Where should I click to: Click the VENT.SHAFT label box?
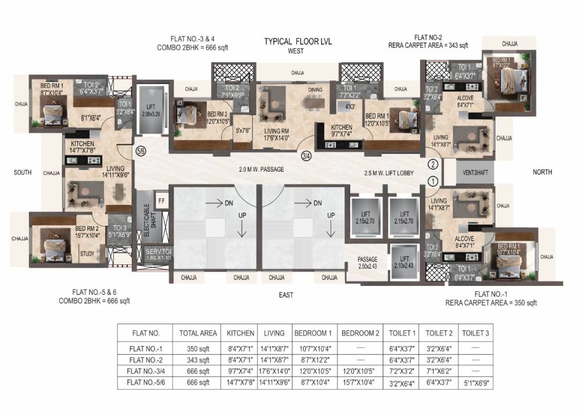pyautogui.click(x=472, y=173)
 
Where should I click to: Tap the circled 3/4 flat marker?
pyautogui.click(x=307, y=156)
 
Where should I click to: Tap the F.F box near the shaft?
pyautogui.click(x=160, y=201)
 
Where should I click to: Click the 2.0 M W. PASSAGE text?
pyautogui.click(x=262, y=170)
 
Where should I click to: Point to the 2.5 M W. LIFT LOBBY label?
pyautogui.click(x=387, y=174)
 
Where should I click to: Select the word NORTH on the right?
pyautogui.click(x=542, y=172)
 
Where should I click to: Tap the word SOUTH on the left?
pyautogui.click(x=23, y=172)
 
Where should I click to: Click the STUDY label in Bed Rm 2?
pyautogui.click(x=87, y=254)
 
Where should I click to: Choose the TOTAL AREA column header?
pyautogui.click(x=198, y=333)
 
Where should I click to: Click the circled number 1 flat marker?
pyautogui.click(x=433, y=181)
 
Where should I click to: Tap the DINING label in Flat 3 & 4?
pyautogui.click(x=315, y=90)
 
